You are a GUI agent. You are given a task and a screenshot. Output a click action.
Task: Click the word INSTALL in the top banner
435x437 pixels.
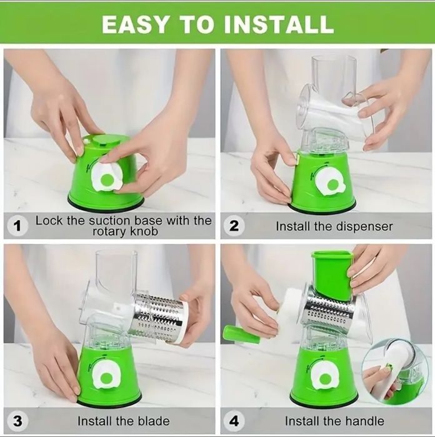[x=279, y=24]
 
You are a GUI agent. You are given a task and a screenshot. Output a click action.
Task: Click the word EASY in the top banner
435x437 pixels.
[x=135, y=24]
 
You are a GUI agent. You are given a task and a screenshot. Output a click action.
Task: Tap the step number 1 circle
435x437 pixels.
[x=17, y=226]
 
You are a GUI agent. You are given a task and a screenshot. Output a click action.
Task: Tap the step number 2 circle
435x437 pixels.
[x=234, y=226]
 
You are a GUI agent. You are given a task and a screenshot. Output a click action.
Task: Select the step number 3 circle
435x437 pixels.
[x=17, y=421]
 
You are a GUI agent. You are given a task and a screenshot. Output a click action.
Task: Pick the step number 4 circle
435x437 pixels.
[x=234, y=421]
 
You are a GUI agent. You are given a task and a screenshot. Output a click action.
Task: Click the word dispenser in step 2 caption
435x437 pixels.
[x=364, y=227]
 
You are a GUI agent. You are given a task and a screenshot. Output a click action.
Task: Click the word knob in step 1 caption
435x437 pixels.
[x=144, y=231]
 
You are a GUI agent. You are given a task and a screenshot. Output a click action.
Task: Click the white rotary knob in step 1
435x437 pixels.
[x=106, y=178]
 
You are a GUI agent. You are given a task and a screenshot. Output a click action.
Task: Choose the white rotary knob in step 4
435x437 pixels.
[x=325, y=377]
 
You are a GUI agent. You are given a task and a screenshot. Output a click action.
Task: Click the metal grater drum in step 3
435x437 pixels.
[x=159, y=317]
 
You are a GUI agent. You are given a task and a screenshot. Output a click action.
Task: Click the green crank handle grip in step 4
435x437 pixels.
[x=242, y=334]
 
